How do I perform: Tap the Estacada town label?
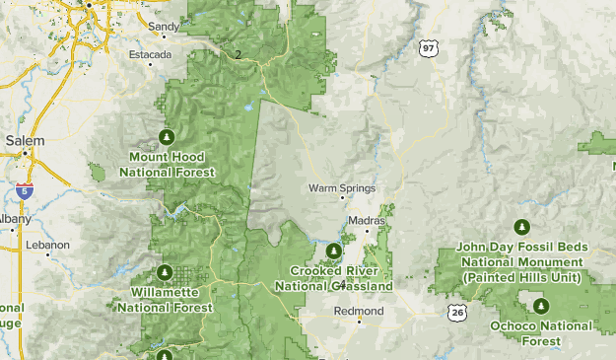click(151, 54)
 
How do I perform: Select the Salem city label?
click(25, 141)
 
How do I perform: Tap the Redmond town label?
click(359, 308)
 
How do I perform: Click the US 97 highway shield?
click(426, 46)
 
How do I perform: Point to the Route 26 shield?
click(456, 313)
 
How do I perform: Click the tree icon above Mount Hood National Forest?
click(166, 136)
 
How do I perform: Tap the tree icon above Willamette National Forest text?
click(165, 272)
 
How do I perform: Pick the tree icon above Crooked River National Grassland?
click(333, 250)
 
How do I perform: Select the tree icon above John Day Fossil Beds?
click(521, 227)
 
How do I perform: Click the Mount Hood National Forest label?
click(166, 165)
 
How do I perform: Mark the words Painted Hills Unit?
click(522, 279)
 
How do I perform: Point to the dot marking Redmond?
click(360, 320)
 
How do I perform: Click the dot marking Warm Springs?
click(342, 198)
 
